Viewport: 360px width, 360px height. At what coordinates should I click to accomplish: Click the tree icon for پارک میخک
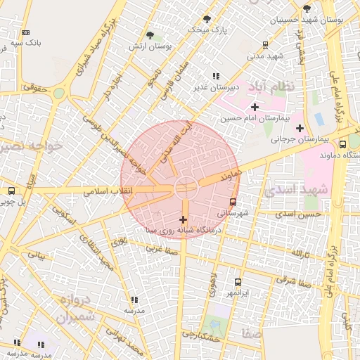[x=207, y=19]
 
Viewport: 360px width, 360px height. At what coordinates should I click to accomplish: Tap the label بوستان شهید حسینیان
[x=319, y=20]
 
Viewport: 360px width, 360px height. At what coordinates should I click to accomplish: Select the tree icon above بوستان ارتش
[x=150, y=34]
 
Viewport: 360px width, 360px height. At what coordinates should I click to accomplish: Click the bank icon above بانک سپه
[x=26, y=32]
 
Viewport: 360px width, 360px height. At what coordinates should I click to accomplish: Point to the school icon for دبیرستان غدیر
[x=216, y=76]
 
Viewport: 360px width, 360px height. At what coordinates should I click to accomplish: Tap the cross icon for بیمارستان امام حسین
[x=255, y=107]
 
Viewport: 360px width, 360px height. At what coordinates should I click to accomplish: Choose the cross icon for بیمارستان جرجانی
[x=300, y=128]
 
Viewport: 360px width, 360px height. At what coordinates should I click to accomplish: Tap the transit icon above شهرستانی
[x=233, y=202]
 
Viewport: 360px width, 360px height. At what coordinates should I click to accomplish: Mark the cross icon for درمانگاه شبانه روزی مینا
[x=184, y=220]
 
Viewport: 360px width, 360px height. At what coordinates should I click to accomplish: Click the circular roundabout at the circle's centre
[x=186, y=187]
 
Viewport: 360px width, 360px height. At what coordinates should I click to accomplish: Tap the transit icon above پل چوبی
[x=11, y=191]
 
